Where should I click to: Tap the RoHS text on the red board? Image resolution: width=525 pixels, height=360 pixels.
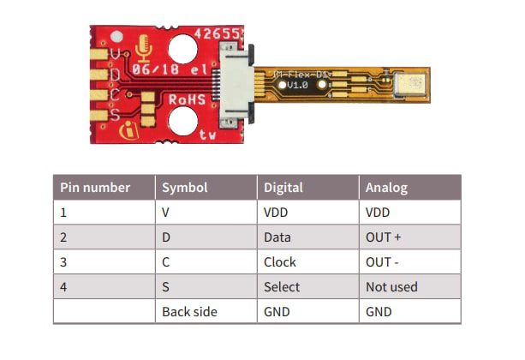(x=186, y=99)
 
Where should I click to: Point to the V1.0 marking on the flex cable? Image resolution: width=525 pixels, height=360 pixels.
(x=297, y=87)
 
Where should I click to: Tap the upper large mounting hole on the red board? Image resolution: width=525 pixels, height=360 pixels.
(x=182, y=48)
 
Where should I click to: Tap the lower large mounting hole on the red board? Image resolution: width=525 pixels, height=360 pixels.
(x=182, y=123)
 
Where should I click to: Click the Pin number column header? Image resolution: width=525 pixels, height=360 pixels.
(x=95, y=187)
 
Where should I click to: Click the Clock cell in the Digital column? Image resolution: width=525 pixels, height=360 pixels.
(x=280, y=261)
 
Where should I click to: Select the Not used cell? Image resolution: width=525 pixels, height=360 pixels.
(x=391, y=286)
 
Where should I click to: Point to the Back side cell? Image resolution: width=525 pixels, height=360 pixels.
(x=189, y=311)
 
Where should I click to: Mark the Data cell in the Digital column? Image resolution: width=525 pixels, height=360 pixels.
(x=277, y=237)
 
